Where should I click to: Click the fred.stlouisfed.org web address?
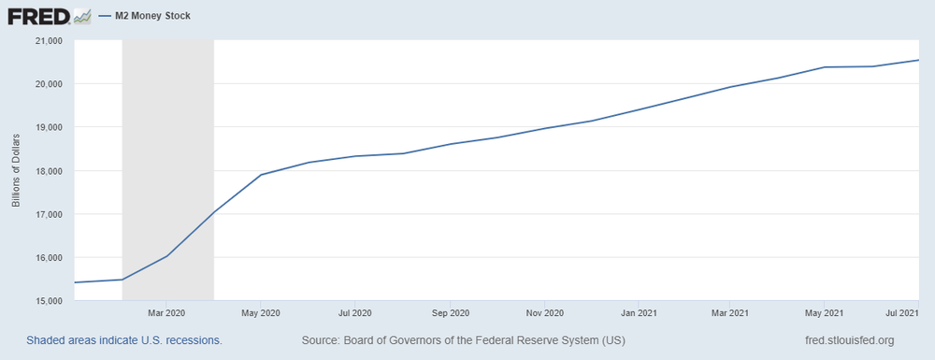click(849, 340)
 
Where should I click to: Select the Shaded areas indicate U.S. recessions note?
click(124, 340)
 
